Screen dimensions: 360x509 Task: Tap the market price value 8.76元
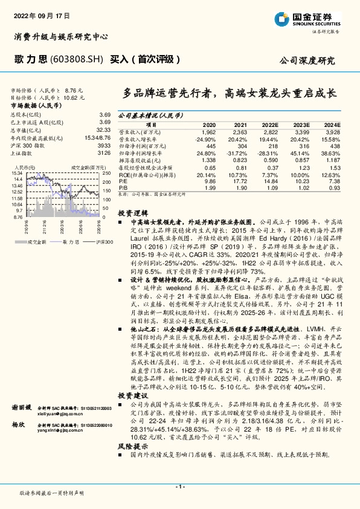tap(74, 89)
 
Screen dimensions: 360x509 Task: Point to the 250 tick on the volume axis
tap(107, 173)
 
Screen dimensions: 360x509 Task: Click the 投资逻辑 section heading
tap(132, 213)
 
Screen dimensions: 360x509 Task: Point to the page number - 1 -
tap(179, 486)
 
